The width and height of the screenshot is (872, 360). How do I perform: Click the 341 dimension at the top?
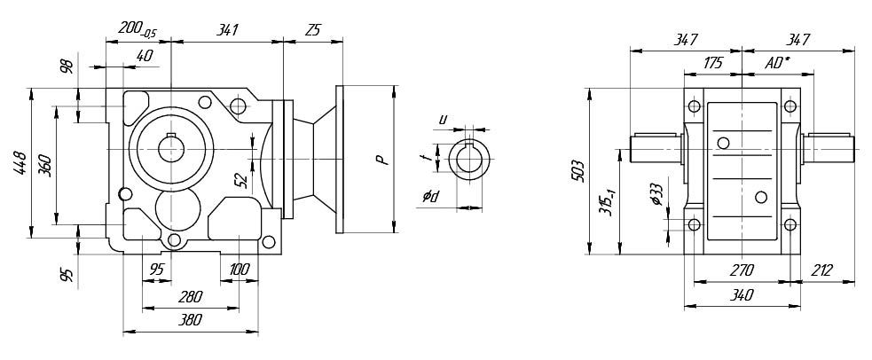[227, 29]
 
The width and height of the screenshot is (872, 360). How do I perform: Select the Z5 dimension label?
[312, 29]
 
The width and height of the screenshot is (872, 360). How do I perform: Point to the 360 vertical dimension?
[45, 165]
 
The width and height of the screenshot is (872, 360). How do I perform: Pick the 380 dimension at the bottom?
[190, 320]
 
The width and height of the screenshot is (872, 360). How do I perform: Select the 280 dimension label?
[190, 296]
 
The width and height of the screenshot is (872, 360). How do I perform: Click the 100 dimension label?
[239, 270]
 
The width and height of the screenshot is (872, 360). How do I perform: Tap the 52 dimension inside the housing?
[240, 180]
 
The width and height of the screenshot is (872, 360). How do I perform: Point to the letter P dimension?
[380, 160]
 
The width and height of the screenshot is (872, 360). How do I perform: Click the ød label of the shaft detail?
[432, 196]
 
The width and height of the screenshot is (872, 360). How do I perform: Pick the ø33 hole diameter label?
[655, 194]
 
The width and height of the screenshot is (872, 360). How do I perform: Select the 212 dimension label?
[821, 270]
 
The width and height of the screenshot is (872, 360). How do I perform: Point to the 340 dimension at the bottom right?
[741, 294]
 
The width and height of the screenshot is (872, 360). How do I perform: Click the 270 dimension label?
[741, 270]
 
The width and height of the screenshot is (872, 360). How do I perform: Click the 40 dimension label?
[145, 56]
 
